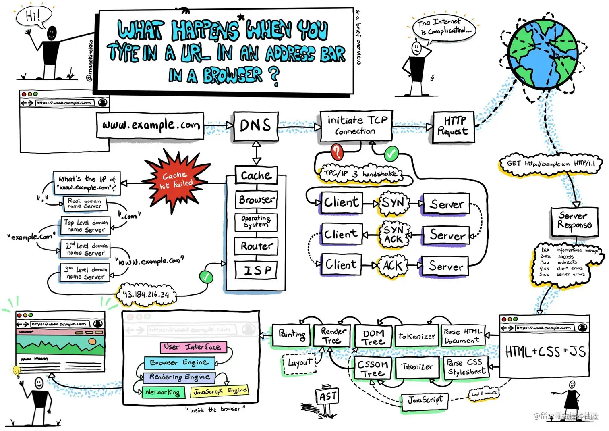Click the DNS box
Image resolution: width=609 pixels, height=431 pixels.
click(x=255, y=126)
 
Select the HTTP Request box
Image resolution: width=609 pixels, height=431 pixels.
click(x=453, y=127)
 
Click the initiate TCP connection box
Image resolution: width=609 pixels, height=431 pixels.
click(x=356, y=126)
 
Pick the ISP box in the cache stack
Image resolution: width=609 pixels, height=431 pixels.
click(x=256, y=270)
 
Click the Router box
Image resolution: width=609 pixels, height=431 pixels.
click(x=256, y=246)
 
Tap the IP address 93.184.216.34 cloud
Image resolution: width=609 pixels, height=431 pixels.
click(x=146, y=295)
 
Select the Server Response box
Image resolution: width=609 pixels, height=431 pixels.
click(x=574, y=221)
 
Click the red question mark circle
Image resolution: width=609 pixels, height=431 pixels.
click(x=337, y=152)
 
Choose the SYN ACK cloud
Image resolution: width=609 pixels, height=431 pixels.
click(x=394, y=234)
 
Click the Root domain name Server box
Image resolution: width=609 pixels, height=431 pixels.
click(x=85, y=203)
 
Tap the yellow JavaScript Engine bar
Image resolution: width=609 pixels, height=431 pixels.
click(x=220, y=391)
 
